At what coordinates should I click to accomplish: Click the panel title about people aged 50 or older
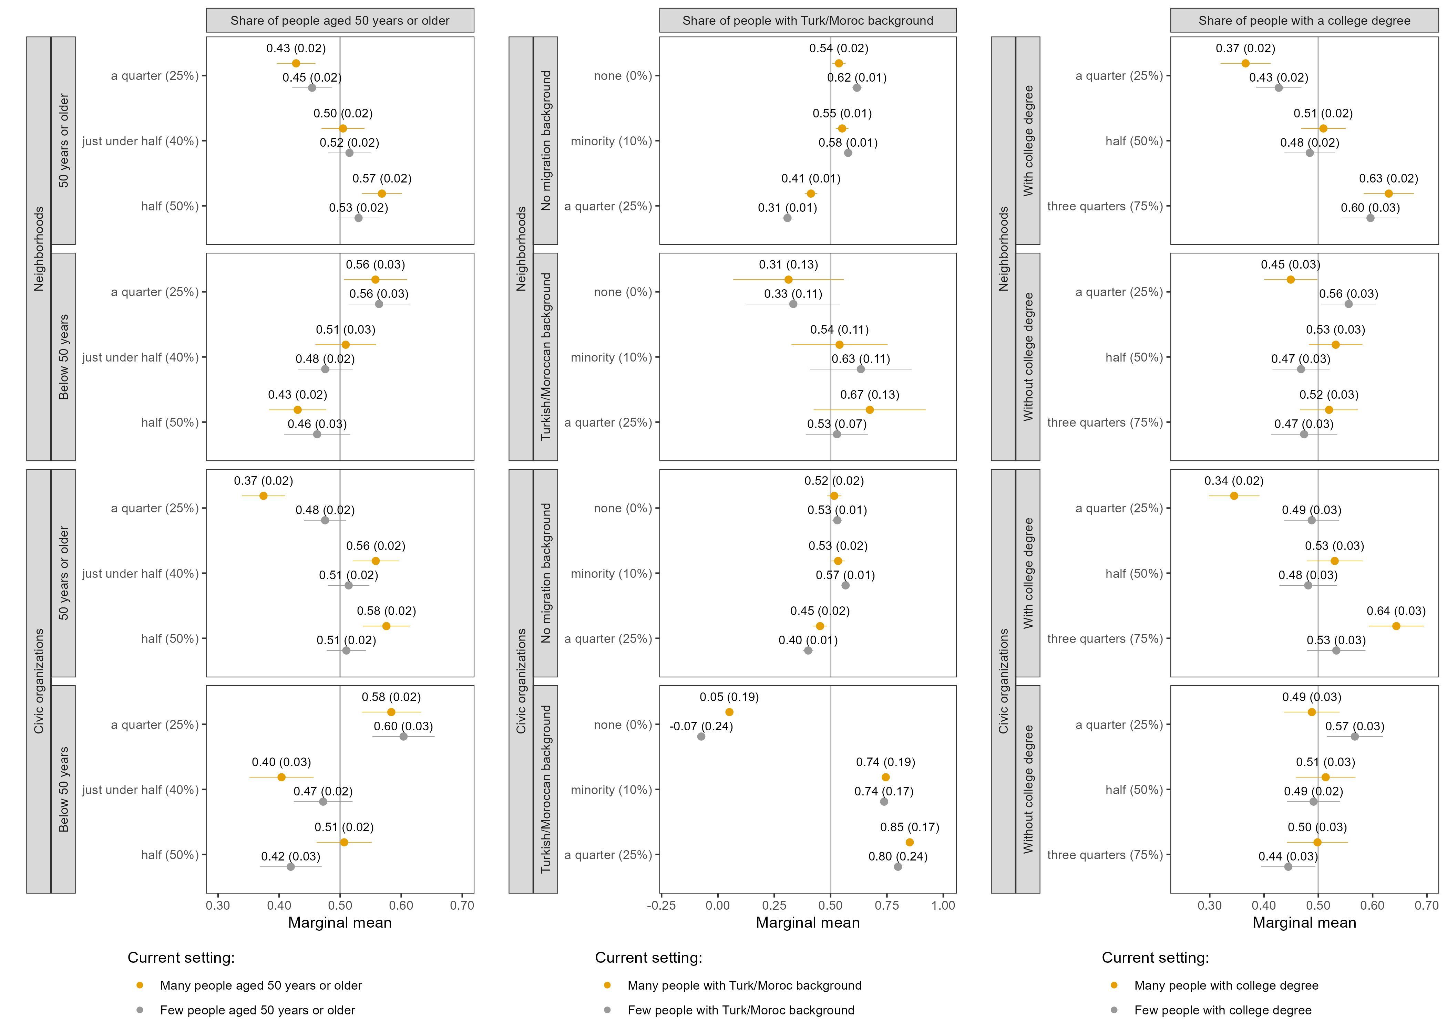(340, 20)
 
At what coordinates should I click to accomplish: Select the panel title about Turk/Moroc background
(808, 20)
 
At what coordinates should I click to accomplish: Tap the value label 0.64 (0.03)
(1396, 611)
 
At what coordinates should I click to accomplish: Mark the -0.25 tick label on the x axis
(661, 905)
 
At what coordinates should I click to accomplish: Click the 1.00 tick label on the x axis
(943, 905)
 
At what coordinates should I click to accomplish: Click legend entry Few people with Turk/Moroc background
(741, 1010)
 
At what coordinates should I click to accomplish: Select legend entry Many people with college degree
(1225, 985)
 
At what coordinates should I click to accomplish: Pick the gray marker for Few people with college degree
(1114, 1010)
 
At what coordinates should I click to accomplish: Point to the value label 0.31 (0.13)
(788, 264)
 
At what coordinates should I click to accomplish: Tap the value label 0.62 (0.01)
(856, 77)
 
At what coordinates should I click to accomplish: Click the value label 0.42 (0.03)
(291, 856)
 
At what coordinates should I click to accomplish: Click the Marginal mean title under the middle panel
(808, 922)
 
